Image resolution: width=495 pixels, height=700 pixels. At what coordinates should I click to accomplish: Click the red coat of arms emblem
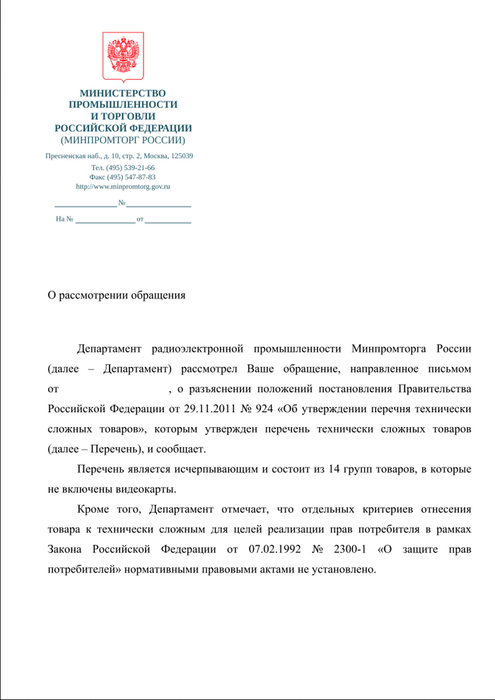123,57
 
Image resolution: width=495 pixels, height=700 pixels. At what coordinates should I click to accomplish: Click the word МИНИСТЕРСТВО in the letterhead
122,93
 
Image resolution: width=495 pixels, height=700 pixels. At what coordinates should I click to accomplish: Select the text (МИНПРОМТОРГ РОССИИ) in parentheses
122,140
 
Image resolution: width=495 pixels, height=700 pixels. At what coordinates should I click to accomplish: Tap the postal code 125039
181,156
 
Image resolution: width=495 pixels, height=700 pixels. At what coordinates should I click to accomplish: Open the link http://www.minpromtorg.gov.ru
122,187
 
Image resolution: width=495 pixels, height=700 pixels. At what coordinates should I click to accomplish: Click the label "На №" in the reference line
64,220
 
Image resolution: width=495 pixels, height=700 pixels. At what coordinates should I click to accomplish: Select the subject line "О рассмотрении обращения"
116,295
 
